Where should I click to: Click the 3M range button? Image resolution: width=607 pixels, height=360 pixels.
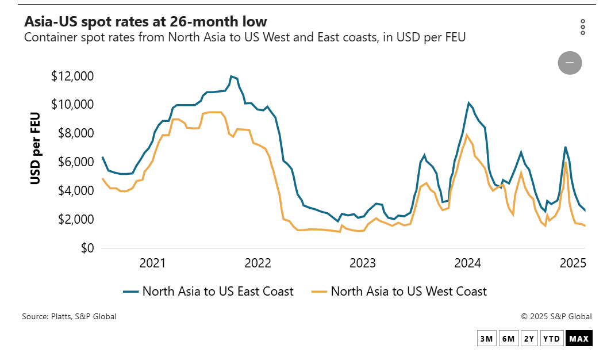pyautogui.click(x=486, y=339)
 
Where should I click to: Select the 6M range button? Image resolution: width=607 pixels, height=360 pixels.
pyautogui.click(x=508, y=339)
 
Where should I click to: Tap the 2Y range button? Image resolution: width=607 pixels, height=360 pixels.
pyautogui.click(x=529, y=339)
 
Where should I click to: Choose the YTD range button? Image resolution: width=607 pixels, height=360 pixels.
pyautogui.click(x=552, y=339)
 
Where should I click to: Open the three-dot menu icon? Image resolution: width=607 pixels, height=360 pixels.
pyautogui.click(x=583, y=27)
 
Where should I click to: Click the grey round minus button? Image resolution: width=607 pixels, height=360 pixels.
pyautogui.click(x=570, y=62)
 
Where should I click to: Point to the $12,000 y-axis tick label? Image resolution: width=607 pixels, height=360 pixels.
pyautogui.click(x=72, y=76)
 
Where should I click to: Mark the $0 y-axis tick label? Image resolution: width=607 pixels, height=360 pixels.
pyautogui.click(x=86, y=248)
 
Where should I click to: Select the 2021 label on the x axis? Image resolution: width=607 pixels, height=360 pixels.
pyautogui.click(x=152, y=264)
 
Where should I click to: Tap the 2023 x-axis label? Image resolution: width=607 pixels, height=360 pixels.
pyautogui.click(x=363, y=264)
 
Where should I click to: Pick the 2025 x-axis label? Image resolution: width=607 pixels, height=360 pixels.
pyautogui.click(x=573, y=264)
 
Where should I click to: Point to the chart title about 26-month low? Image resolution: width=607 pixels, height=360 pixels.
pyautogui.click(x=145, y=22)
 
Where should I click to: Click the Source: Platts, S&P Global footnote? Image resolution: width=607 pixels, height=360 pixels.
pyautogui.click(x=69, y=316)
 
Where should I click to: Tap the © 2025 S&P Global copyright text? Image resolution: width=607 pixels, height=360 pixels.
pyautogui.click(x=556, y=316)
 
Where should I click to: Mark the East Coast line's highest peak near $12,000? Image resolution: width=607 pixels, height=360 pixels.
pyautogui.click(x=231, y=76)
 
